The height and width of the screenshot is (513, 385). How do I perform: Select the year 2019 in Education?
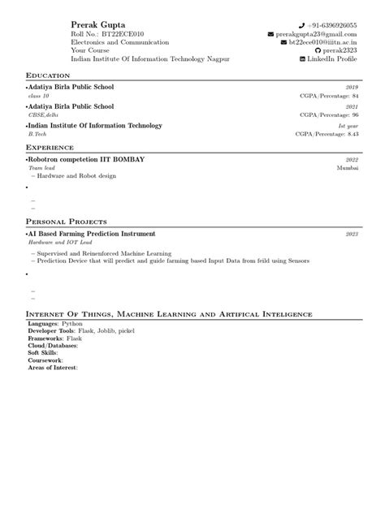tap(352, 86)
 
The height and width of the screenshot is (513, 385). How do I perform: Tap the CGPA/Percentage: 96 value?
tap(329, 115)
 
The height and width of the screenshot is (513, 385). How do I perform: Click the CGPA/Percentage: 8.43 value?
tap(327, 134)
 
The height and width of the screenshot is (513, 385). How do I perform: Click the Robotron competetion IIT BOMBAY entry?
tap(87, 160)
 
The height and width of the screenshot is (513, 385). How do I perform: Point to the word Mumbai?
tap(347, 168)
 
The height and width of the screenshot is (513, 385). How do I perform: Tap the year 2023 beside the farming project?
tap(352, 234)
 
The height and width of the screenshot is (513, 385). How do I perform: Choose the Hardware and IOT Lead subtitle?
tap(61, 242)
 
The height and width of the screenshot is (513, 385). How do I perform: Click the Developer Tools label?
tap(51, 332)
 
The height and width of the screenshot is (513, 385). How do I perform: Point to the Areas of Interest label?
tap(52, 368)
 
